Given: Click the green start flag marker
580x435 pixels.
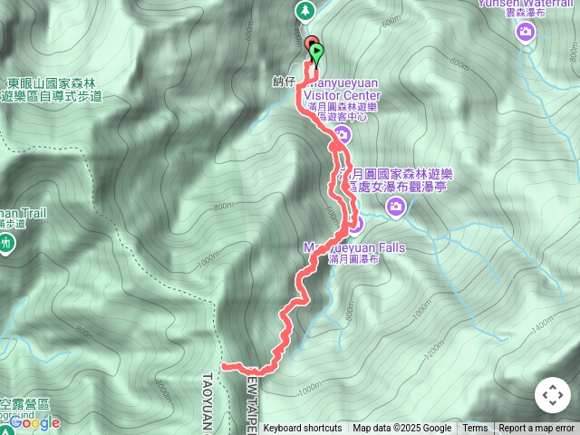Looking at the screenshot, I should point(315,53).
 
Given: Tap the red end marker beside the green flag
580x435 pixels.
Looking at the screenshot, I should point(310,43).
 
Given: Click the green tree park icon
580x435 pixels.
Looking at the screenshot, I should point(305,10).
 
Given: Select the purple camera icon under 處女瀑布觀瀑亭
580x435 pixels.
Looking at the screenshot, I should point(396,208).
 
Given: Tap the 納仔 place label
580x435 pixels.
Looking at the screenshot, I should point(284,82).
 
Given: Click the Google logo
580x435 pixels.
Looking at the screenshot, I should point(34,422).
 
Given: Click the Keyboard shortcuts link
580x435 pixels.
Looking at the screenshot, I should point(303,429).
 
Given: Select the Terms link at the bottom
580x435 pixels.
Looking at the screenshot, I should point(475,429).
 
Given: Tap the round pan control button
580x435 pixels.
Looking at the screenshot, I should point(552,396).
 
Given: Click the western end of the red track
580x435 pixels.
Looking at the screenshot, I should point(224,365).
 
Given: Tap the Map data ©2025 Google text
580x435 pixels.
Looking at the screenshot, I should point(401,429).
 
